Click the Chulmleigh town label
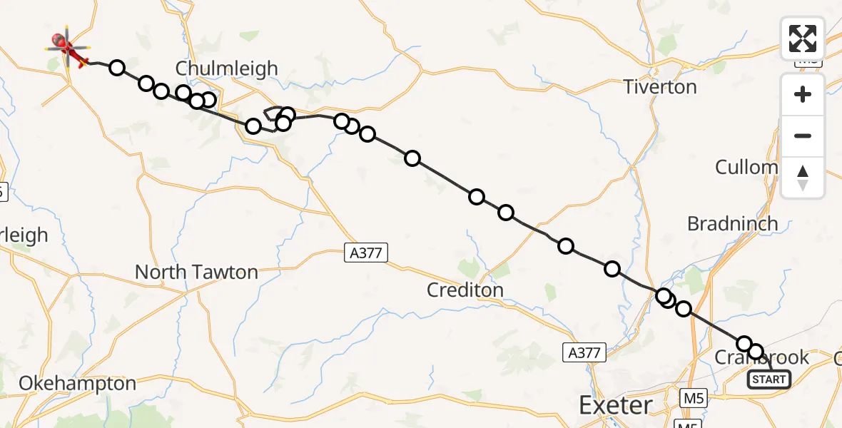(226, 69)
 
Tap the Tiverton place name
(659, 87)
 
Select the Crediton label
(465, 290)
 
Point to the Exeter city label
(615, 406)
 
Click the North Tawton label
(196, 272)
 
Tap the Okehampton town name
(77, 383)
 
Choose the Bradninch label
(732, 223)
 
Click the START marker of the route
(769, 379)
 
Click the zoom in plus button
(803, 94)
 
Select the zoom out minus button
(803, 136)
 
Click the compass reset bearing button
(803, 177)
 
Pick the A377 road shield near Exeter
(584, 352)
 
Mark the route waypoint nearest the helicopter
(117, 68)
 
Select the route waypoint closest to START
(756, 351)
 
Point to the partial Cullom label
(746, 168)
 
